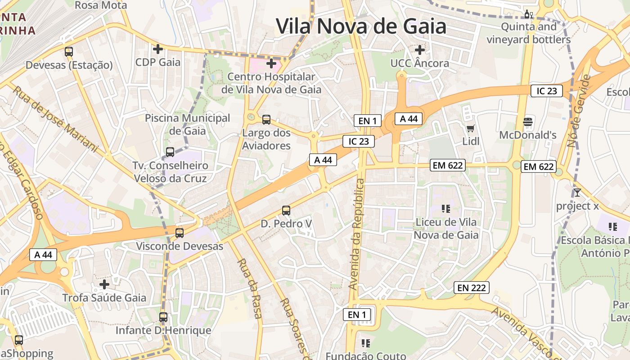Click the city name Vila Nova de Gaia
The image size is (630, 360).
tap(361, 26)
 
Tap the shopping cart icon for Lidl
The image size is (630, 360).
tap(471, 129)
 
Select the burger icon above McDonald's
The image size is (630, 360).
tap(528, 121)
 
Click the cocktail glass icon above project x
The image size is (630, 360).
tap(577, 193)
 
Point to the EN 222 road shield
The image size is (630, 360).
tap(472, 288)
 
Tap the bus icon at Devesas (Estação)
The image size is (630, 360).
tap(68, 52)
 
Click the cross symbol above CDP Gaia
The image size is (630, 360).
tap(157, 49)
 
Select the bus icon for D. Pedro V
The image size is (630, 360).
tap(286, 210)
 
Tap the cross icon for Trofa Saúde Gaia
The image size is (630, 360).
tap(104, 284)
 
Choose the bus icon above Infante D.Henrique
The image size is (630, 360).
tap(163, 317)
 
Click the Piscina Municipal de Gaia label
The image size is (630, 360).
tap(187, 125)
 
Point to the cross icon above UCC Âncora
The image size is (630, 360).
tap(419, 50)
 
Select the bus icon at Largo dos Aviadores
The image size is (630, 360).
tap(266, 120)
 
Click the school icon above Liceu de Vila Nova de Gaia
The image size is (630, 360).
tap(446, 208)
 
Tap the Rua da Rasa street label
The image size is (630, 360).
tap(250, 288)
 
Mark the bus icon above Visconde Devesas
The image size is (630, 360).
tap(180, 233)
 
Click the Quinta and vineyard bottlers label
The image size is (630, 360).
tap(528, 33)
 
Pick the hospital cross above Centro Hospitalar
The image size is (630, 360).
tap(271, 63)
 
